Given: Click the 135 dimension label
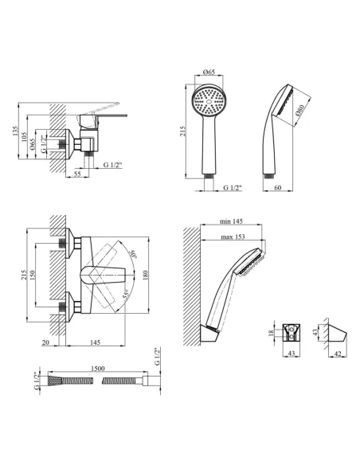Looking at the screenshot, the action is click(15, 131).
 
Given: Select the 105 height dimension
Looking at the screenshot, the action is click(25, 137).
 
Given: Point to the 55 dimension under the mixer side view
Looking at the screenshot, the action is click(77, 174).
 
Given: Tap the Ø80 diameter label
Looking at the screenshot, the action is click(300, 110).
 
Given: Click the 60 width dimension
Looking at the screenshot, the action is click(278, 187).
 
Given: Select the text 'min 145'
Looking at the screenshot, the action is click(231, 221).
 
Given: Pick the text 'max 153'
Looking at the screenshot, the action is click(233, 236).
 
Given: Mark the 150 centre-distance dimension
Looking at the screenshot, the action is click(33, 275).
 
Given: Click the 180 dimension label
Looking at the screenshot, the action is click(145, 275).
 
